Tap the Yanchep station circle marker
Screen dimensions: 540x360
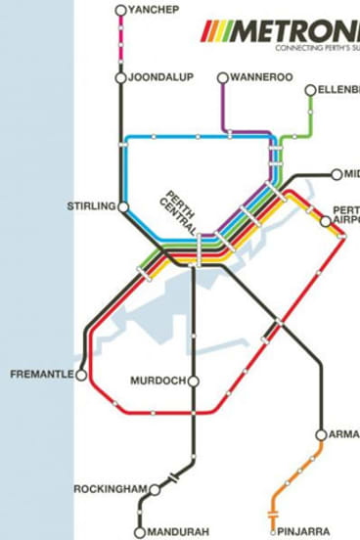120,11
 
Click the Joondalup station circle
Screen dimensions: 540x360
120,77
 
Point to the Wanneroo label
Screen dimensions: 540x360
261,76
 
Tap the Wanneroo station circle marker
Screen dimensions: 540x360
223,77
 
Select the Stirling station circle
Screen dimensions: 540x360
123,206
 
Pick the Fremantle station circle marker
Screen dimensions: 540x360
82,375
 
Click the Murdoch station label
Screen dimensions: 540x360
157,380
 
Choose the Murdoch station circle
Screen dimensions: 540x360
194,381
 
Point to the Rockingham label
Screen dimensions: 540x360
110,488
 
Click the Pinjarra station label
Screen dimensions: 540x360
311,533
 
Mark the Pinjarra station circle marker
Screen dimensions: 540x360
272,533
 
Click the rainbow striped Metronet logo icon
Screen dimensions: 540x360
214,32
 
